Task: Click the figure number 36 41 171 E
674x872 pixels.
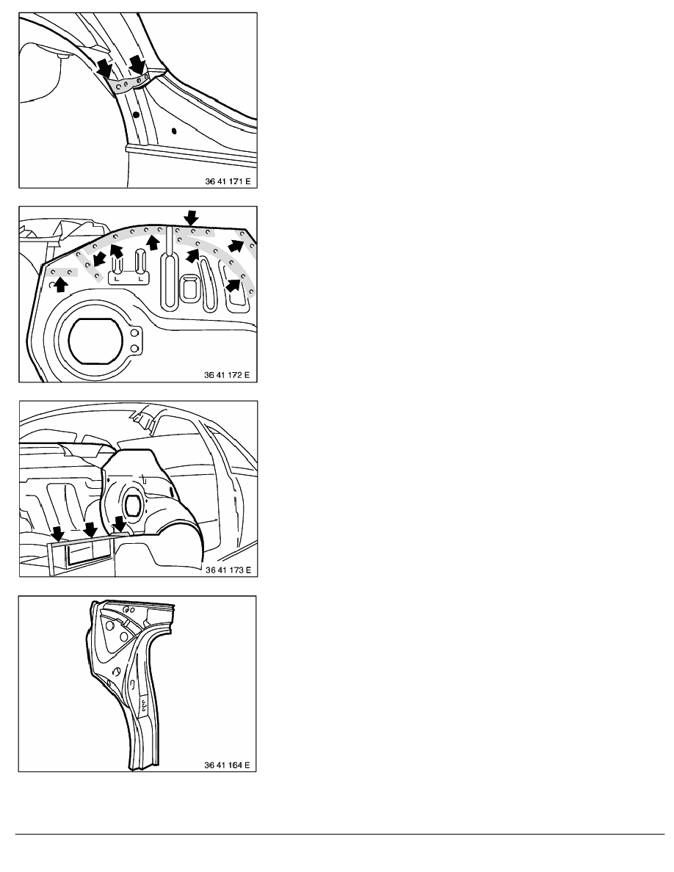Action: click(228, 181)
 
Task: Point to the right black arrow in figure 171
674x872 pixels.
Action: click(137, 63)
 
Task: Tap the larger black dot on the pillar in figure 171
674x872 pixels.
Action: click(136, 115)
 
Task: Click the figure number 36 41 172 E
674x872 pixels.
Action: click(227, 375)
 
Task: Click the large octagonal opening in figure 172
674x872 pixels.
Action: click(95, 340)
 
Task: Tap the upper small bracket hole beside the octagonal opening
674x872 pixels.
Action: click(134, 333)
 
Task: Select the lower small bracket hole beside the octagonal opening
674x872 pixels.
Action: click(134, 348)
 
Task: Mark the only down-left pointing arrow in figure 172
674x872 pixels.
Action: click(100, 258)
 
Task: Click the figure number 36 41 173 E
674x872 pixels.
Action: click(228, 570)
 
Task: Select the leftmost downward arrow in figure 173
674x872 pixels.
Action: click(58, 534)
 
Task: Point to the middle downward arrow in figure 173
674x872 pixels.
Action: click(90, 529)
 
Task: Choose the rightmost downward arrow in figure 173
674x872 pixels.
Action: click(120, 524)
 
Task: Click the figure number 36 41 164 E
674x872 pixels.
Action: click(227, 766)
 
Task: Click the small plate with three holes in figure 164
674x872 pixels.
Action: click(143, 705)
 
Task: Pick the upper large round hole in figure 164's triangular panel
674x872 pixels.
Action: click(109, 625)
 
